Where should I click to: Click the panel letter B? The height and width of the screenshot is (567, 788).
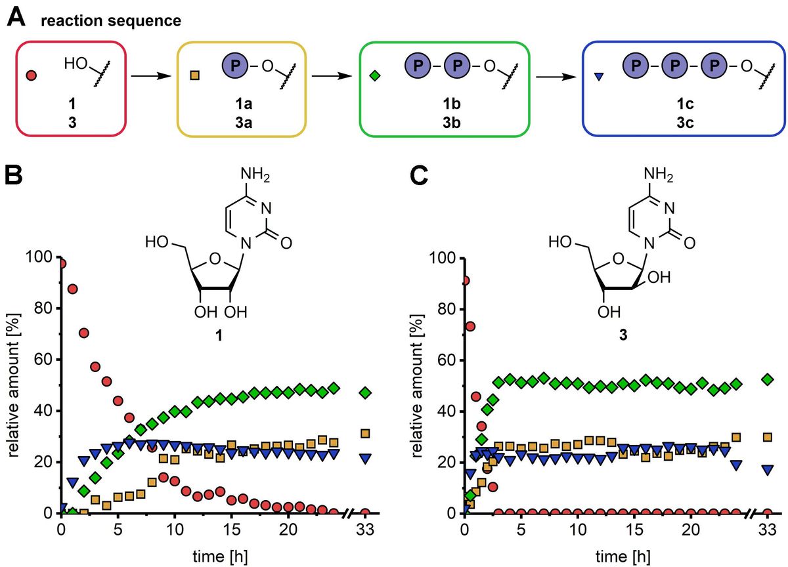pyautogui.click(x=16, y=178)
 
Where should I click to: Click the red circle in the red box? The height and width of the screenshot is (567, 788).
pyautogui.click(x=30, y=75)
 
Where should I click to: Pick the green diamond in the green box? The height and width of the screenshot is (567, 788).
pyautogui.click(x=375, y=76)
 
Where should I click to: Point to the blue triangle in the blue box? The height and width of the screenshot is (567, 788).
pyautogui.click(x=599, y=77)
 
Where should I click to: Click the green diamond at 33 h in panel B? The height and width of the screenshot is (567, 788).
pyautogui.click(x=364, y=393)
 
